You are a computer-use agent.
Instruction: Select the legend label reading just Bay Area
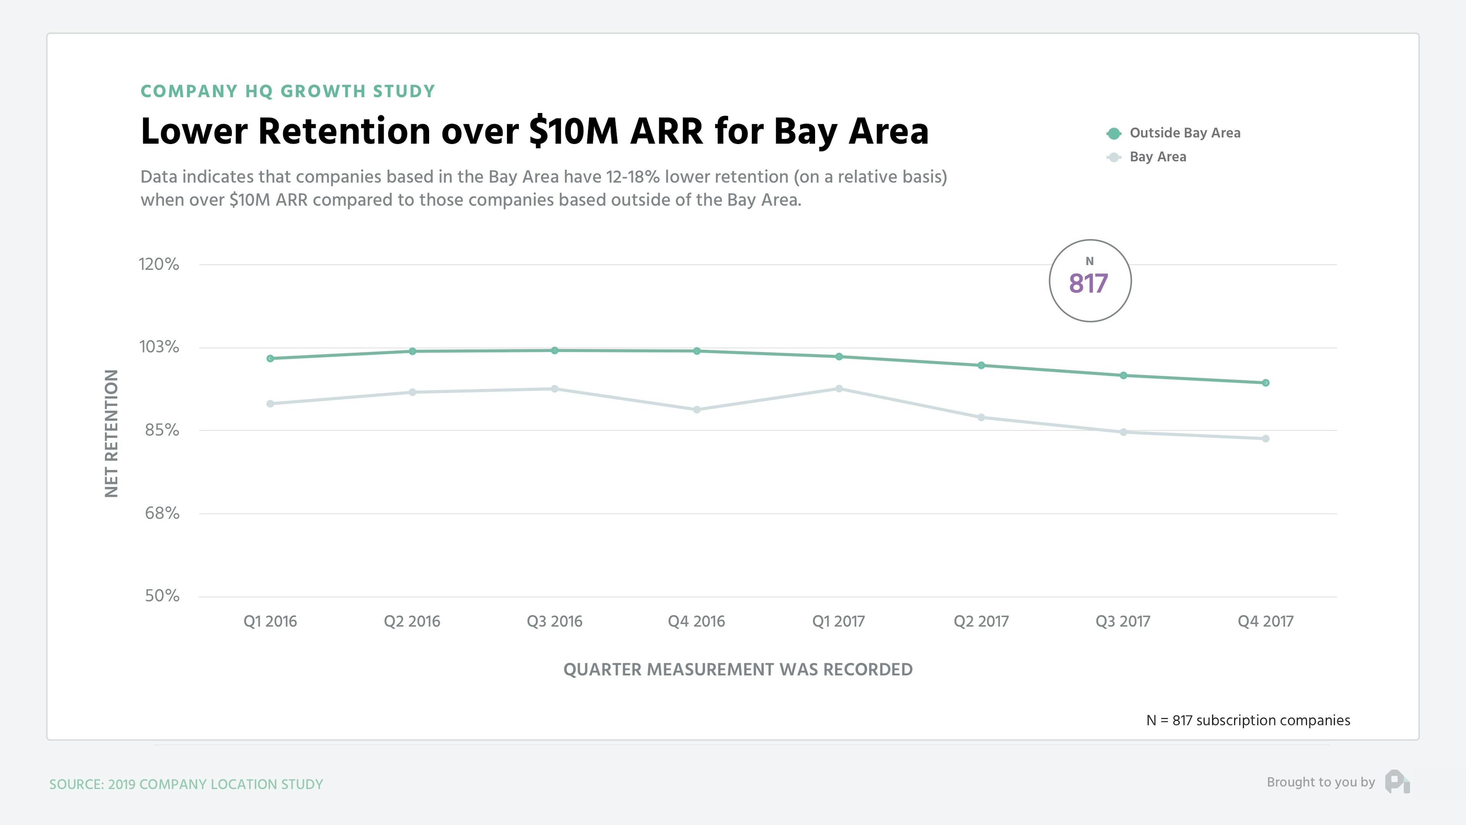pyautogui.click(x=1158, y=157)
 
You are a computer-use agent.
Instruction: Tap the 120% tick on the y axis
pyautogui.click(x=159, y=264)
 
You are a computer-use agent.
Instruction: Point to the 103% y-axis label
pyautogui.click(x=159, y=347)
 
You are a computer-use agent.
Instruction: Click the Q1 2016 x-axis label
pyautogui.click(x=270, y=621)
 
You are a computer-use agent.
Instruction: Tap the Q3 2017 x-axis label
pyautogui.click(x=1122, y=621)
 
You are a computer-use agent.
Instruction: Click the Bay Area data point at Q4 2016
pyautogui.click(x=697, y=410)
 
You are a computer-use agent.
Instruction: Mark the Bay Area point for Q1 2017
pyautogui.click(x=839, y=389)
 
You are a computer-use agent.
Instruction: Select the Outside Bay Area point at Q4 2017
pyautogui.click(x=1265, y=383)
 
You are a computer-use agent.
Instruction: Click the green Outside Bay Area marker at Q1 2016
pyautogui.click(x=270, y=359)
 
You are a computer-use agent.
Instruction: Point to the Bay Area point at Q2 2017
pyautogui.click(x=981, y=418)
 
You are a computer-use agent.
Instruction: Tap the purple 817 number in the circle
pyautogui.click(x=1088, y=283)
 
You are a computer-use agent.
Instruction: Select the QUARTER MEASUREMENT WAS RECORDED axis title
pyautogui.click(x=738, y=670)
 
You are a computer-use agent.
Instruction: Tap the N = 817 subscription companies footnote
pyautogui.click(x=1248, y=721)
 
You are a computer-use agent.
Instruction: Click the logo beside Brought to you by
pyautogui.click(x=1397, y=782)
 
